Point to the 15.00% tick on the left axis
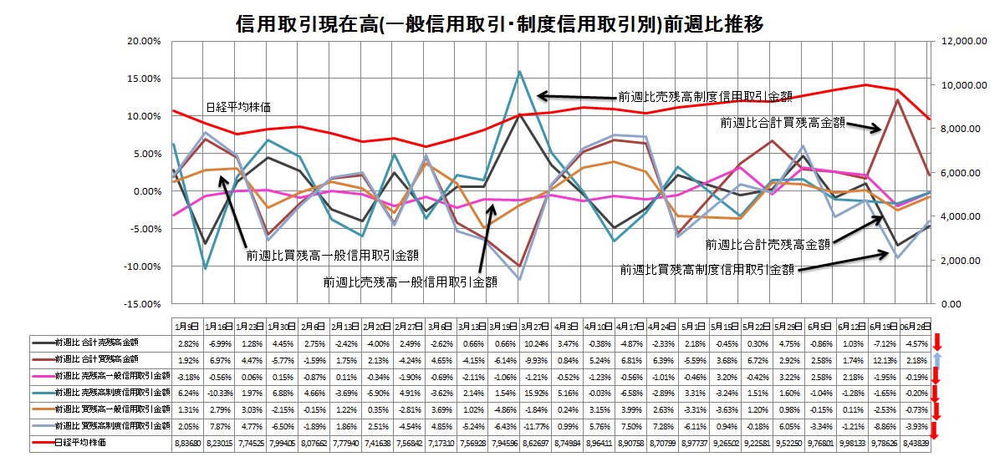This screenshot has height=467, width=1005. pos(143,79)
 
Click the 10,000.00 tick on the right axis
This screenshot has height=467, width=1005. pos(957,85)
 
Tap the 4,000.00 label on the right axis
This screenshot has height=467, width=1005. pos(955,217)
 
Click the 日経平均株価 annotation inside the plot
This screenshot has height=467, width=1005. pos(237,107)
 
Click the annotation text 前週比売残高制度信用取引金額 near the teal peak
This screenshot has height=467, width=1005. pos(705,95)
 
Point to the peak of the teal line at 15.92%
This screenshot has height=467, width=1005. pos(520,72)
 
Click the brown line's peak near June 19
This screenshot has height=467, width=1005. pos(896,99)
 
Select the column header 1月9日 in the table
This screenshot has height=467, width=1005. pos(187,326)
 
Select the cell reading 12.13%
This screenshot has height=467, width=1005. pos(896,359)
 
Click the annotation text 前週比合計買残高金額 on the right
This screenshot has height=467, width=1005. pos(782,123)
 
